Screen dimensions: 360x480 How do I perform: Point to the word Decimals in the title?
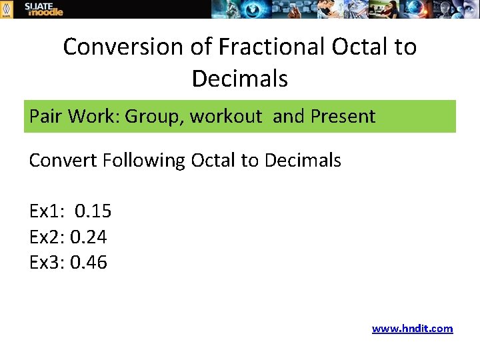[x=240, y=79]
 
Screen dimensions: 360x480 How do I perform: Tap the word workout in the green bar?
[x=226, y=117]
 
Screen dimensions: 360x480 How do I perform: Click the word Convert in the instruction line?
[x=63, y=161]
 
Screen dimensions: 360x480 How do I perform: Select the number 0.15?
[x=93, y=212]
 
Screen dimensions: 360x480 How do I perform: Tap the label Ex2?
[x=47, y=237]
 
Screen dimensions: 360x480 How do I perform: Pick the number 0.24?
[x=88, y=237]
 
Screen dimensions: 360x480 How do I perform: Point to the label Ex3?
[x=47, y=263]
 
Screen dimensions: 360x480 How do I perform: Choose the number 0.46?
[x=88, y=263]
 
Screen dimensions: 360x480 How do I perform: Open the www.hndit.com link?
[x=412, y=328]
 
